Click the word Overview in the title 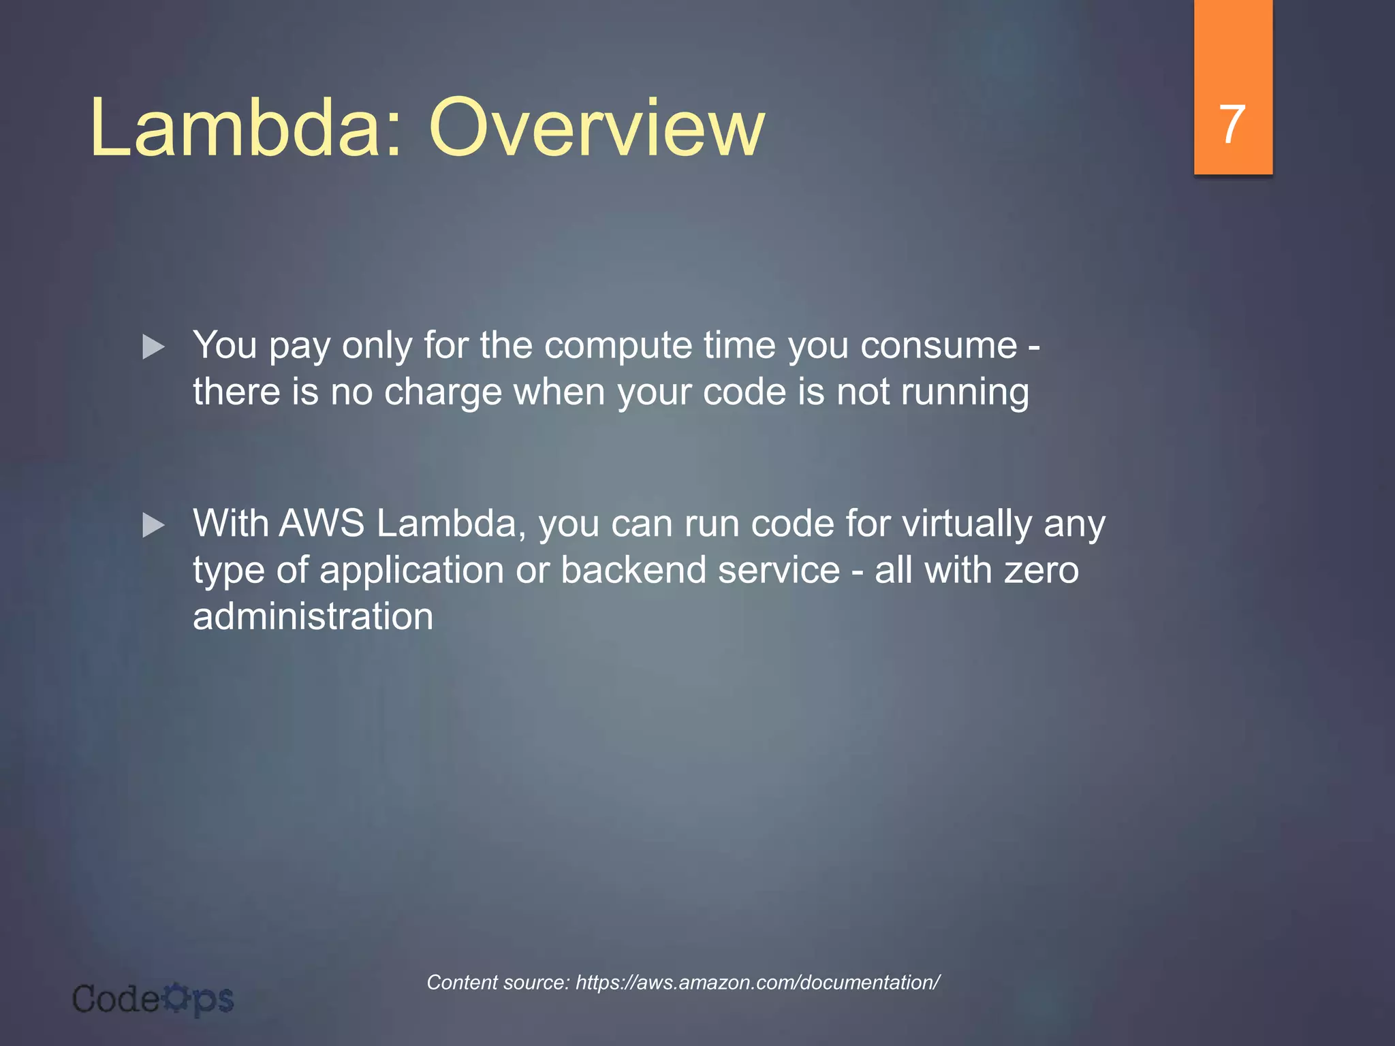[x=597, y=127]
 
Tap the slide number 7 [x=1232, y=125]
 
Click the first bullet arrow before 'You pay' [x=153, y=347]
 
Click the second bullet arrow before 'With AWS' [x=153, y=525]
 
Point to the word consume [x=938, y=346]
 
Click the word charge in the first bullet [x=443, y=393]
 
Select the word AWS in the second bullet [x=322, y=524]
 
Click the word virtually [x=967, y=524]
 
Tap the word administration [x=313, y=616]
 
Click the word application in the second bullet [x=411, y=570]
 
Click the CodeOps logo [x=153, y=999]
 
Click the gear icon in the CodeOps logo [x=176, y=997]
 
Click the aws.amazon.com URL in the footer [x=757, y=982]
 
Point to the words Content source [x=497, y=982]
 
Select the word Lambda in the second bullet [x=450, y=524]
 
